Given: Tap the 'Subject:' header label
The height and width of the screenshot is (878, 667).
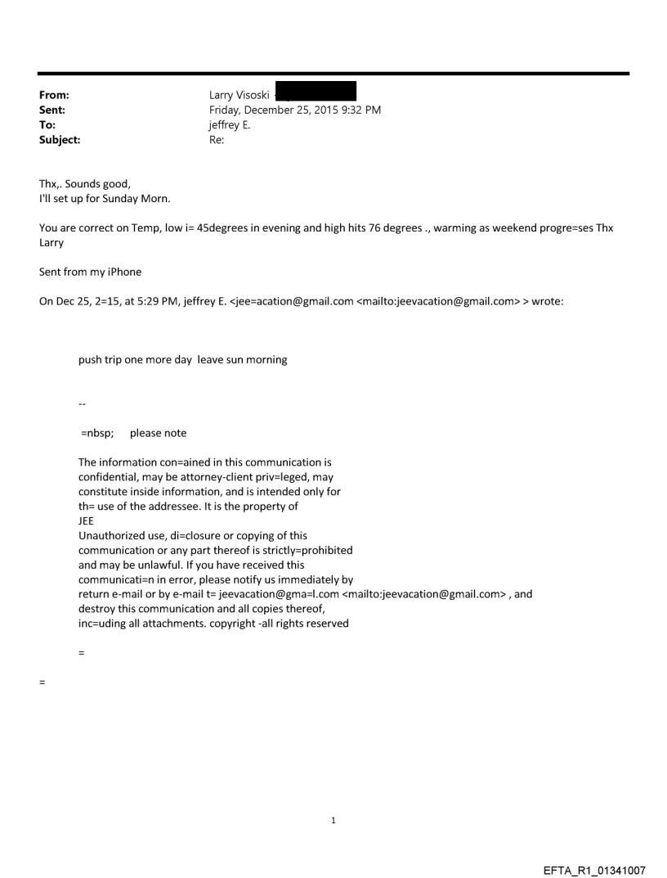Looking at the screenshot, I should [60, 140].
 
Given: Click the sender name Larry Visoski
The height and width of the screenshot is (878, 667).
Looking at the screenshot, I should [239, 96].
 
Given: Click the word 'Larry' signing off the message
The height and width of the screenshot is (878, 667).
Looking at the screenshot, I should [53, 243].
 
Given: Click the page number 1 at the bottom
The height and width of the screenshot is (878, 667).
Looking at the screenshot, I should [333, 820].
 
